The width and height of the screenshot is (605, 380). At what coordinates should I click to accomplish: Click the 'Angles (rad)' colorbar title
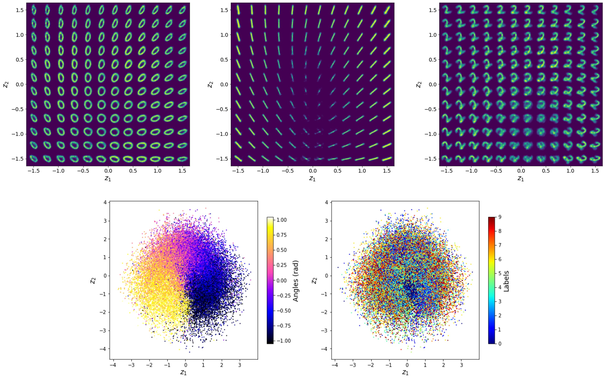tap(296, 281)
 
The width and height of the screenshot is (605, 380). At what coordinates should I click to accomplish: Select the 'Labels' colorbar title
tap(506, 281)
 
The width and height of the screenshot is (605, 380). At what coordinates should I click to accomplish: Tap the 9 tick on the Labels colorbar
tap(500, 217)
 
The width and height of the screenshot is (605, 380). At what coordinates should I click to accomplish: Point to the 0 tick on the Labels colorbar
tap(500, 344)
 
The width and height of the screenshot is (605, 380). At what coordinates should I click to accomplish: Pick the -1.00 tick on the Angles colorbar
tap(284, 341)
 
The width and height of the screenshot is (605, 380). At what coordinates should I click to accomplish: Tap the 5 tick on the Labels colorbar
tap(500, 273)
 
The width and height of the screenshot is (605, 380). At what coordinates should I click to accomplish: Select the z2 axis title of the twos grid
tap(418, 85)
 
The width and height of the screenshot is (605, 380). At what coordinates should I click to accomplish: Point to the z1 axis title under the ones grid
tap(312, 178)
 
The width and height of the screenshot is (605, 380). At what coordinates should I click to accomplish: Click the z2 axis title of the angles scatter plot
tap(93, 280)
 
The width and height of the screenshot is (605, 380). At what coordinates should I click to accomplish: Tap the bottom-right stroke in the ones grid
tap(387, 159)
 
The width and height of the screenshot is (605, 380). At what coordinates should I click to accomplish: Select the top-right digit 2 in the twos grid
tap(595, 10)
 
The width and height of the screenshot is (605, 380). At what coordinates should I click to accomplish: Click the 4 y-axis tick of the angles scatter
tap(105, 202)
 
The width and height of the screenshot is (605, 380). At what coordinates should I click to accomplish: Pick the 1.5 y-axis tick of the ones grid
tap(224, 10)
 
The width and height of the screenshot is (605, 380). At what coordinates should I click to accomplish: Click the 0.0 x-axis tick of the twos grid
tap(521, 171)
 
